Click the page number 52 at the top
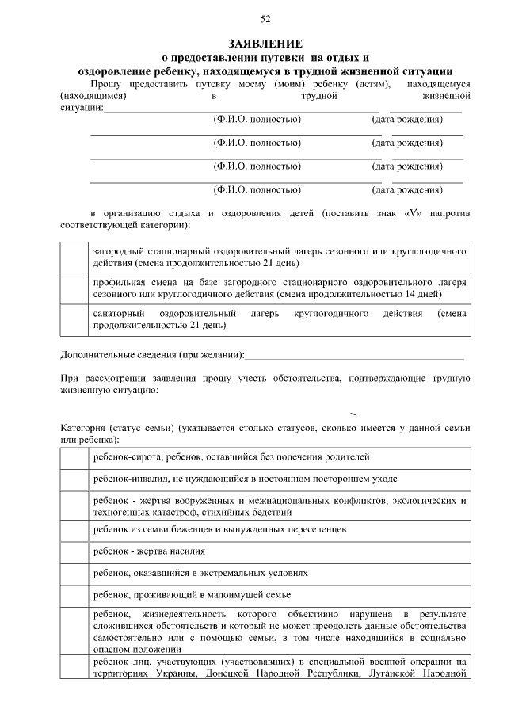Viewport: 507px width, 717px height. tap(265, 18)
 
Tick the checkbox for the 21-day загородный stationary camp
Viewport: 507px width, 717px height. tap(74, 257)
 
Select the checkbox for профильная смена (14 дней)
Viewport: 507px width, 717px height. tap(74, 288)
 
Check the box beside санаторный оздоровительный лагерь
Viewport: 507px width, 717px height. tap(74, 319)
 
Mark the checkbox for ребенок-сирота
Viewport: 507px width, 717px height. tap(74, 457)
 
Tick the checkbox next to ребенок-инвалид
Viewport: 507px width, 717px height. tap(74, 479)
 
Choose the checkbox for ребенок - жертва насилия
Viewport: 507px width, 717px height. tap(74, 551)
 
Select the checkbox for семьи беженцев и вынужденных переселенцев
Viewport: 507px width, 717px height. tap(74, 528)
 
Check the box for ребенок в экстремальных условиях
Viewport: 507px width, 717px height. tap(74, 572)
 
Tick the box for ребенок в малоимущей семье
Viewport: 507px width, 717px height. tap(74, 594)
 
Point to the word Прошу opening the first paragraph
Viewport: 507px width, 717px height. tap(106, 84)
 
